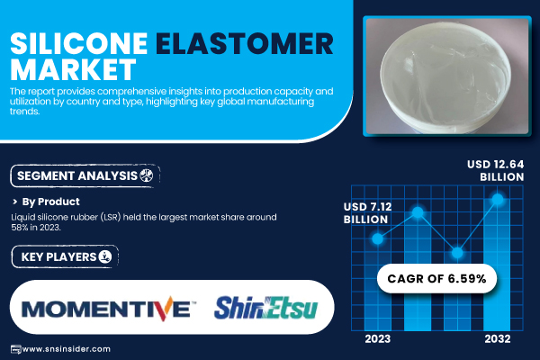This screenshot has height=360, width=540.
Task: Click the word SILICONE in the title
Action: coord(79,44)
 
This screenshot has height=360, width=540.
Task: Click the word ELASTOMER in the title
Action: coord(245,44)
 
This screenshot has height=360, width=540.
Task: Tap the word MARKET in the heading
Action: coord(73,69)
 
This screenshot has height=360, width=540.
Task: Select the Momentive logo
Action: coord(109,309)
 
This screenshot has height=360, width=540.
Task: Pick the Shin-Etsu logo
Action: coord(265,308)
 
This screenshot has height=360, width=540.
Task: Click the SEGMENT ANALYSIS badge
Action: coord(85,176)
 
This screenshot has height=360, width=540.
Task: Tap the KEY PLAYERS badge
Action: coord(65,256)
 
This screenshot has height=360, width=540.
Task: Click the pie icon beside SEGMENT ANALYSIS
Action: coord(147,175)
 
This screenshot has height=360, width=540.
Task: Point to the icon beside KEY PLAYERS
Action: coord(105,256)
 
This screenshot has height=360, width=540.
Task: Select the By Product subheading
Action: coord(50,202)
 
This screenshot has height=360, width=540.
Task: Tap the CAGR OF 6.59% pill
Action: coord(436,278)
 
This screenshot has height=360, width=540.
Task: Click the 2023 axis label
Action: coord(377,339)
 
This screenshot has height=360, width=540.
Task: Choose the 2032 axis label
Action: coord(498,339)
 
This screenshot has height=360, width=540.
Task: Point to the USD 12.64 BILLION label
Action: coord(496,170)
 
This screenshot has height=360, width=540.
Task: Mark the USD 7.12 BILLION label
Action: coord(367,213)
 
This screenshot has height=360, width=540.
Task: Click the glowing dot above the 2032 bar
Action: coord(498,199)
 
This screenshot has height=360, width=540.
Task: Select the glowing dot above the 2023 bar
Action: coord(377,238)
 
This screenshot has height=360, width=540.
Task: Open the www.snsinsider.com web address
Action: coord(66,349)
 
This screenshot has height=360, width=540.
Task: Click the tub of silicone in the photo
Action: coord(445,77)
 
